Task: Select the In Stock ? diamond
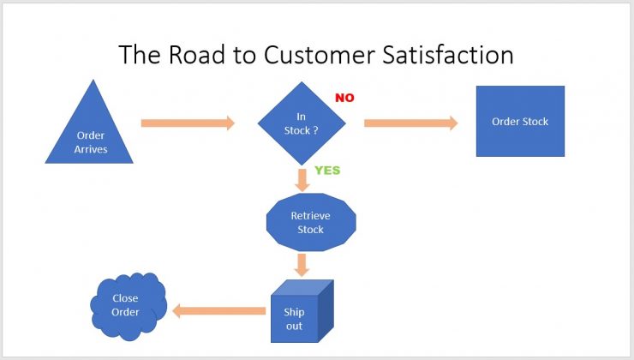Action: (x=302, y=123)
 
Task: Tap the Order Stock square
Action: (x=520, y=121)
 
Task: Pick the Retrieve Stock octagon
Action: (x=311, y=222)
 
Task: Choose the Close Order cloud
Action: (x=129, y=306)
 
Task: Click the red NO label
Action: (x=344, y=98)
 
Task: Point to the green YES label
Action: (x=327, y=171)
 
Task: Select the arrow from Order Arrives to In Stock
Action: (x=188, y=123)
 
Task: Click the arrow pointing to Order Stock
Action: (x=410, y=123)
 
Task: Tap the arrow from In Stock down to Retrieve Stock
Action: (x=302, y=180)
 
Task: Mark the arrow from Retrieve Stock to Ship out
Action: (x=302, y=265)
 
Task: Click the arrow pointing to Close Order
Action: (x=218, y=311)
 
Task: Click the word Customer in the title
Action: (x=320, y=55)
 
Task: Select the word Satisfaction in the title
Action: (x=448, y=54)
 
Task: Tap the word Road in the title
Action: (x=196, y=54)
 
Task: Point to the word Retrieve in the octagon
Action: (x=310, y=216)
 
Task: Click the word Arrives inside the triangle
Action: (x=91, y=149)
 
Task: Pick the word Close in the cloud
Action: (x=125, y=298)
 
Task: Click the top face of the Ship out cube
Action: (x=302, y=288)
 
